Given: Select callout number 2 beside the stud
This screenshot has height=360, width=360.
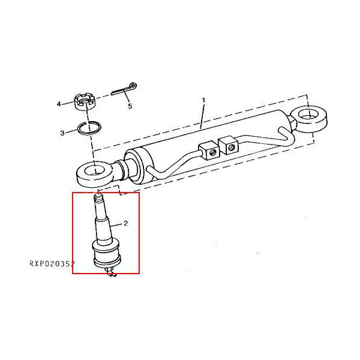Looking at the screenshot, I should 126,223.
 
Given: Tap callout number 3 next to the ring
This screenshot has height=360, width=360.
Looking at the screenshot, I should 62,133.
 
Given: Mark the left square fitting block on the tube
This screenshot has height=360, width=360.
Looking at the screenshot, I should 208,149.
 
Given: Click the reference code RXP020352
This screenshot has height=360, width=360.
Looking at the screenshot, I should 52,263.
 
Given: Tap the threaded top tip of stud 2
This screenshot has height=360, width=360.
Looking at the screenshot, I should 98,197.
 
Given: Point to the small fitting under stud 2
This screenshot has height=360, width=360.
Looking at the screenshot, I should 110,274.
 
